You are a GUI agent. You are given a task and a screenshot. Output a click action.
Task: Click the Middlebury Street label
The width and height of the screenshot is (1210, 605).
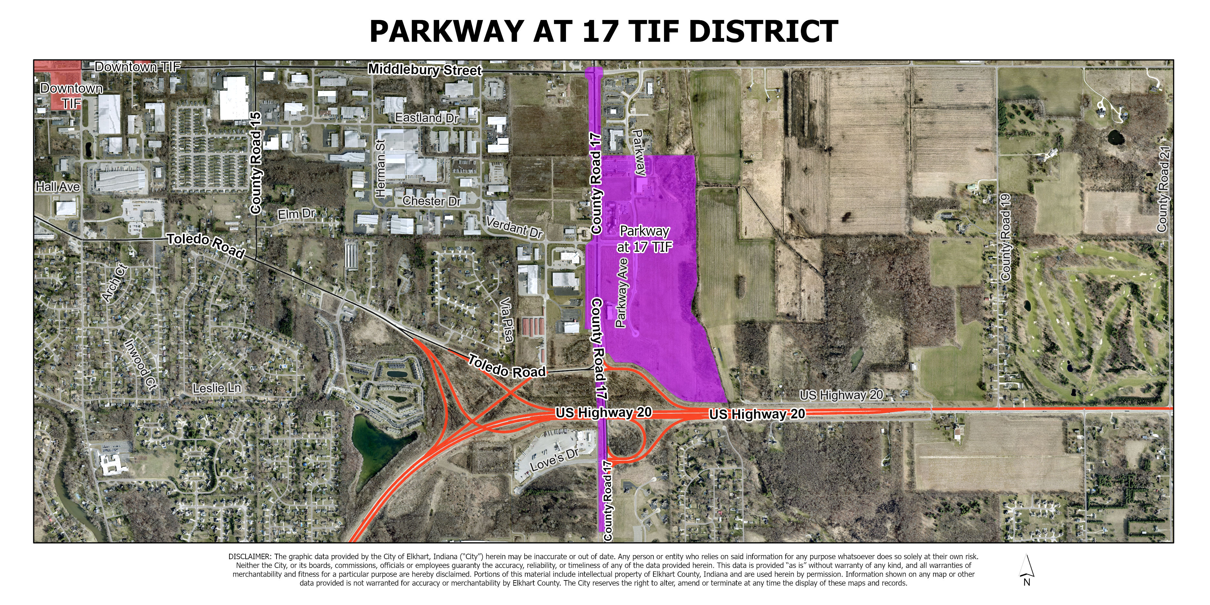click(425, 70)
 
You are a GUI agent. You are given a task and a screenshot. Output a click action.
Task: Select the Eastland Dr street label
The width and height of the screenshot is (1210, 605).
click(426, 117)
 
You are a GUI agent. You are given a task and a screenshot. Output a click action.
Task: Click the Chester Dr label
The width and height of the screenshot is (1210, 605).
click(432, 201)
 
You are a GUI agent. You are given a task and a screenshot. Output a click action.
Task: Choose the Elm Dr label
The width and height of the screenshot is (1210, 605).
click(296, 214)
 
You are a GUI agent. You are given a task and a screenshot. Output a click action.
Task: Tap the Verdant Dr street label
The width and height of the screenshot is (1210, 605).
click(514, 228)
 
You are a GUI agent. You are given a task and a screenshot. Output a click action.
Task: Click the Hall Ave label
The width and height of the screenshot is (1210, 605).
click(58, 187)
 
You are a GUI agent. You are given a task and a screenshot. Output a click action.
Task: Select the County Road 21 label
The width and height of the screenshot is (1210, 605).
click(1162, 188)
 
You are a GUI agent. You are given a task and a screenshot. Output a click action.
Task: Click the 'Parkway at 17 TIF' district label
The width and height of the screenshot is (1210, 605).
click(644, 239)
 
